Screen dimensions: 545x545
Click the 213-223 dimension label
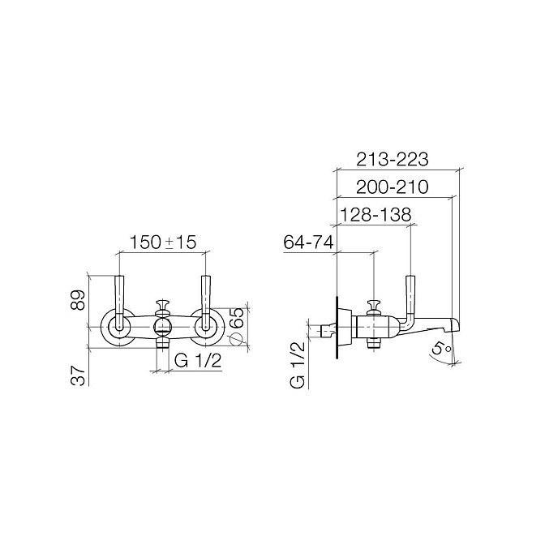[x=393, y=160]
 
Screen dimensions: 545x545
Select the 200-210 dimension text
[x=393, y=187]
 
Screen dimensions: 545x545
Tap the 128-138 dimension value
[x=375, y=215]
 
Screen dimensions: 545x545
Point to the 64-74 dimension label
[x=309, y=242]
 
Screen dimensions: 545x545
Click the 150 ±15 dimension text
[x=163, y=242]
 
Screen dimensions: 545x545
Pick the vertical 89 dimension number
[x=78, y=299]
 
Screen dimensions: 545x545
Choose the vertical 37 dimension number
[x=78, y=375]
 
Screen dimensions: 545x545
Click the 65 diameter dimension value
[x=238, y=317]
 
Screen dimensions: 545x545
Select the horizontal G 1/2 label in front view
[x=197, y=361]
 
